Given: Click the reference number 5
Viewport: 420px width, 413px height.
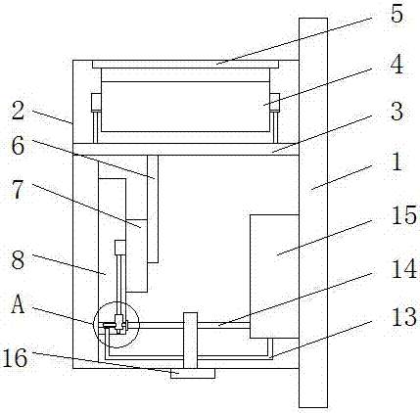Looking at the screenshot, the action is pos(397,14).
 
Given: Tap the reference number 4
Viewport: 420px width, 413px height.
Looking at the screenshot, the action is pos(397,64).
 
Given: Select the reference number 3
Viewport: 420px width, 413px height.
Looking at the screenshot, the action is pos(397,112).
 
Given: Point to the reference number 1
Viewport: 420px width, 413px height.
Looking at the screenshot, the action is pos(397,161).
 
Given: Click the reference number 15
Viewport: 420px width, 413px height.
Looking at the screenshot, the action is pos(404,215).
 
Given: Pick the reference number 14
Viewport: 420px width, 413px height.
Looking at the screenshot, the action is pos(404,268).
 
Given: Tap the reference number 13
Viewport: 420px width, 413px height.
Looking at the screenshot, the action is pos(404,317).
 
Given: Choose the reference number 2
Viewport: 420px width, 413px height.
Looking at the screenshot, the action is pos(19,111).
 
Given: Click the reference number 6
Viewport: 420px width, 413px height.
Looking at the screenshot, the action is pos(18,145).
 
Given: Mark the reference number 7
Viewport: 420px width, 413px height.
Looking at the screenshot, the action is pos(18,190).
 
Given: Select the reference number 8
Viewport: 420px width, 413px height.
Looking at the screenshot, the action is pos(18,260).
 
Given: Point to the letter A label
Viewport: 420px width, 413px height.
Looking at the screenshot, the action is pos(18,305).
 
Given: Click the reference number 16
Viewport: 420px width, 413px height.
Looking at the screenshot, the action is pos(15,357).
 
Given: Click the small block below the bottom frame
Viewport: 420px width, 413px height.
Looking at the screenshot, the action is pos(193,374).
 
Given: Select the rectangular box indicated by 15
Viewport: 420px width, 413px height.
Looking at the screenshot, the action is pos(274,276).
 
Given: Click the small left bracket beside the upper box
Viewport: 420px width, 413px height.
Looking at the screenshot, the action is pos(96,103).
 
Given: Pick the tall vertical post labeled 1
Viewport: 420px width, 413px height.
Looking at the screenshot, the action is pos(313,212).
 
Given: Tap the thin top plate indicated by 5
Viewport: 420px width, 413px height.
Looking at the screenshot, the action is pos(185,64).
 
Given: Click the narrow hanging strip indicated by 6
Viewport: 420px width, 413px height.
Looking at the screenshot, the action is pos(153,208).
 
